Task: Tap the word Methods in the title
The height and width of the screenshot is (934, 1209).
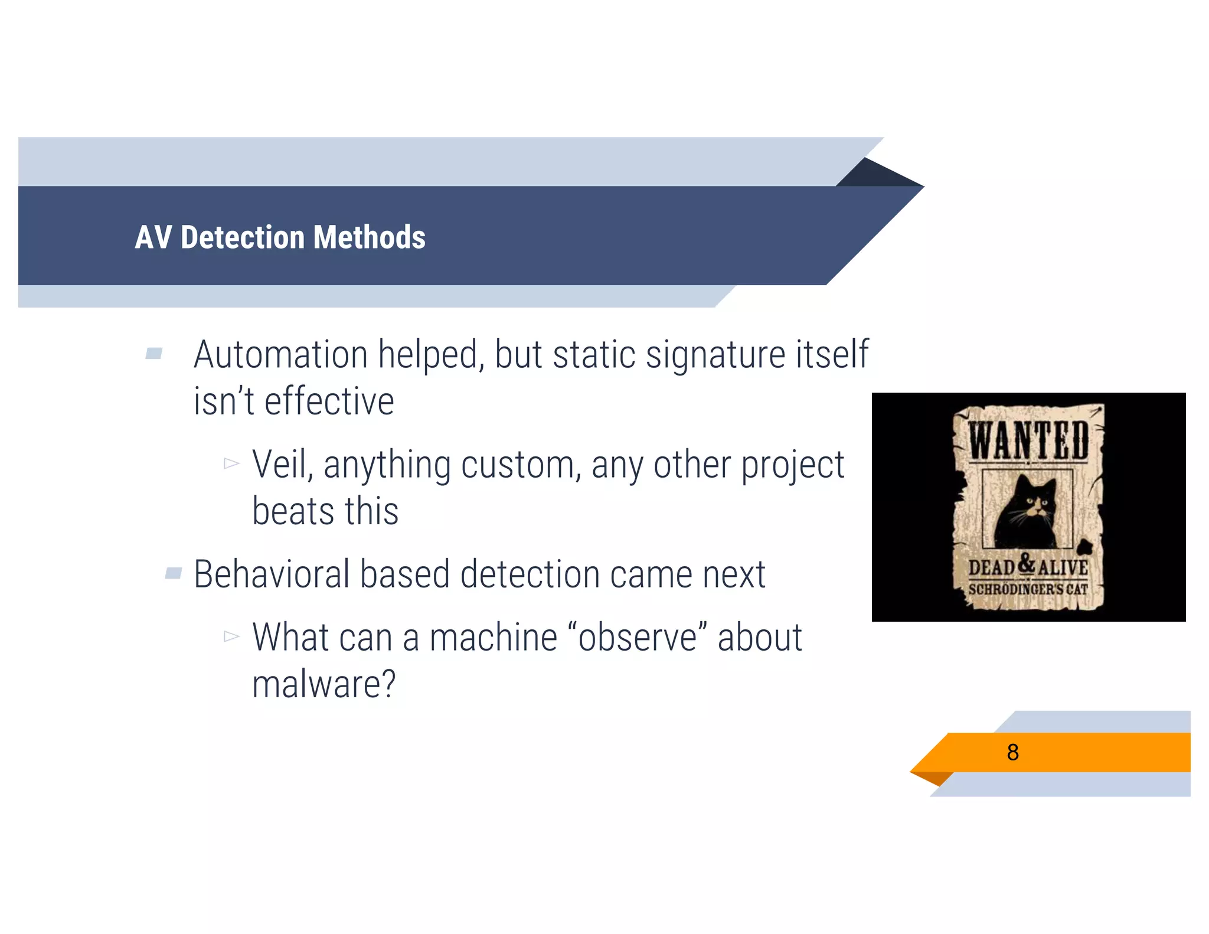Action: (369, 237)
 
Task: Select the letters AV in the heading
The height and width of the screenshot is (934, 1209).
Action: (153, 237)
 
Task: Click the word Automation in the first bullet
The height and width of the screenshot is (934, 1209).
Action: (281, 355)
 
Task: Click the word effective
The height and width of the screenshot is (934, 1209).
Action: (329, 401)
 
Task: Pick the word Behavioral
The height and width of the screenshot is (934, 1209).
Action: (272, 574)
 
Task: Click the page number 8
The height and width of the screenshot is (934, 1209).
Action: (1012, 752)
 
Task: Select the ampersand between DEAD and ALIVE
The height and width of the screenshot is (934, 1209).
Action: (1027, 564)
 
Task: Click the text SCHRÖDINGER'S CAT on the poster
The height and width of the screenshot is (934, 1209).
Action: (1028, 589)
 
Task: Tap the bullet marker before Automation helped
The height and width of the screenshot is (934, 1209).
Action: (154, 354)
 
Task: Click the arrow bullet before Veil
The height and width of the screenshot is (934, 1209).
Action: (231, 463)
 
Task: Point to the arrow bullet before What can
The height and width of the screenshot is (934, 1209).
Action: (231, 636)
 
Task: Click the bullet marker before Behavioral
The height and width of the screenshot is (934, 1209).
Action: (174, 573)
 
